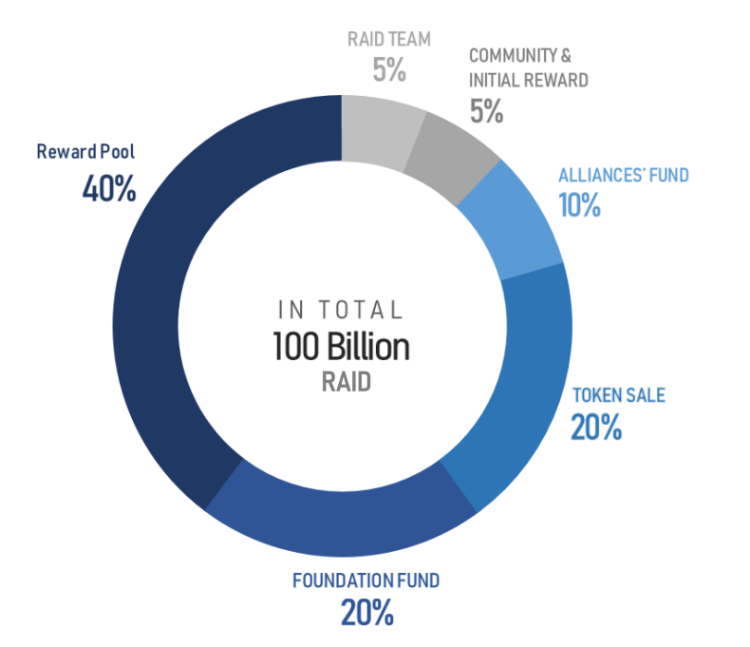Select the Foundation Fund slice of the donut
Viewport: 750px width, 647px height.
tap(342, 524)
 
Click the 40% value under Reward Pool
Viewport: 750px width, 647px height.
tap(109, 188)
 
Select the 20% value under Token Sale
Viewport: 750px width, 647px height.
tap(596, 427)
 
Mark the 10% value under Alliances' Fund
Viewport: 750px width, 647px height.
tap(579, 205)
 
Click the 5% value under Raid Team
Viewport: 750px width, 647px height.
tap(389, 69)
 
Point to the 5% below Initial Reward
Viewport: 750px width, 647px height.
tap(486, 111)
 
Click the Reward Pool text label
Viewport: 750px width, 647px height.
tap(85, 152)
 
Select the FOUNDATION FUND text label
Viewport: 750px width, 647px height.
tap(366, 580)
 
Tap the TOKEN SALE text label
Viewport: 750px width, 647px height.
tap(619, 395)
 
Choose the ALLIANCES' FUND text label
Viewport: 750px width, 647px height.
tap(624, 175)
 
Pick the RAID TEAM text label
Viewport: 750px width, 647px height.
tap(389, 39)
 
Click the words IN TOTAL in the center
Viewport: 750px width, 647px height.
tap(341, 310)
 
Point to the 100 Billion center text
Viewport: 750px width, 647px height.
tap(341, 346)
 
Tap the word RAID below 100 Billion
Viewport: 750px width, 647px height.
tap(347, 382)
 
